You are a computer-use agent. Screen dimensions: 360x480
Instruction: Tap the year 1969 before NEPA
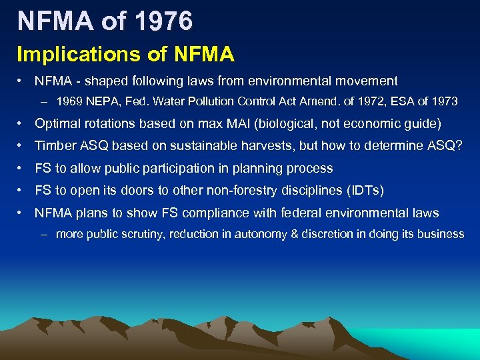pos(70,102)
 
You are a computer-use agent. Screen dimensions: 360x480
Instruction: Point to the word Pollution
pos(193,102)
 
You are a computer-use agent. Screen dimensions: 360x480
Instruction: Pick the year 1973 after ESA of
pos(443,102)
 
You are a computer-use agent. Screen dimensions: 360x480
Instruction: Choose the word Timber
pos(55,146)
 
